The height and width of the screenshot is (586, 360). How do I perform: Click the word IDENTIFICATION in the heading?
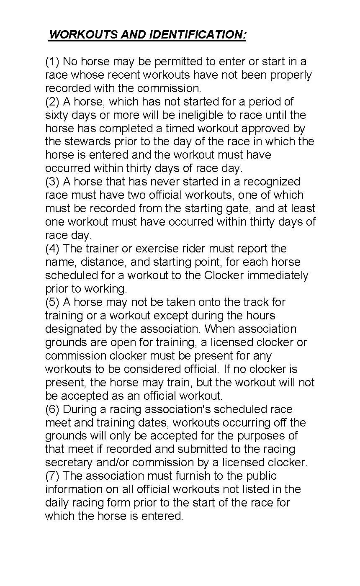tap(197, 34)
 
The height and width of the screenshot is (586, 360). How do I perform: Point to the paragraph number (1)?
tap(53, 62)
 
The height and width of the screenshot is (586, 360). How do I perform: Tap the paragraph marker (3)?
tap(53, 182)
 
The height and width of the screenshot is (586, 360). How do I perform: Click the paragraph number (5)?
tap(53, 302)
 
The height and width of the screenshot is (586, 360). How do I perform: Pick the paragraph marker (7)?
tap(53, 476)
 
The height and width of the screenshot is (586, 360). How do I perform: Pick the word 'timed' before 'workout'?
tap(181, 128)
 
